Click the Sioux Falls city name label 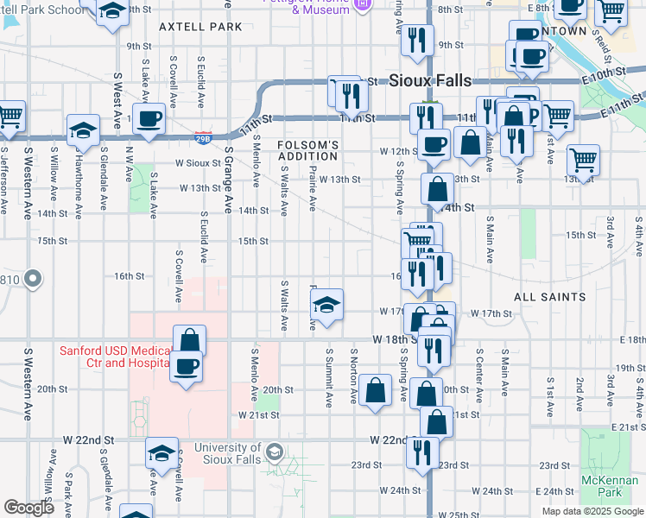click(430, 80)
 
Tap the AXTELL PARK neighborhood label click(200, 27)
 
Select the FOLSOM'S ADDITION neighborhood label click(307, 150)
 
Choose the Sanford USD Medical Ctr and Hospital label click(116, 357)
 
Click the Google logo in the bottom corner click(28, 507)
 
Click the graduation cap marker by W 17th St click(326, 305)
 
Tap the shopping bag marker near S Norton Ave click(376, 389)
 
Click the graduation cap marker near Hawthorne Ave click(82, 130)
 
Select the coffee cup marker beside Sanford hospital click(187, 366)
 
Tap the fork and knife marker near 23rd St click(422, 452)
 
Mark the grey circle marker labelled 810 click(33, 279)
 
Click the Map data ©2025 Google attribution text click(592, 511)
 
